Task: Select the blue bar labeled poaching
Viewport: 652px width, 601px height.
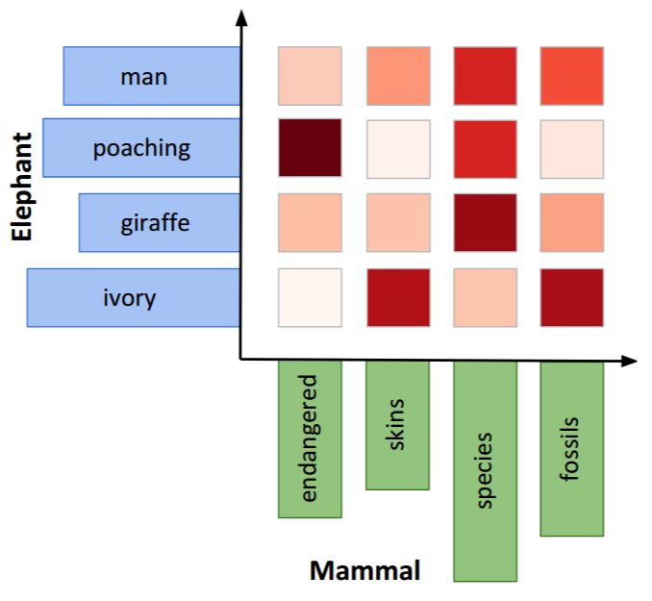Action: [x=141, y=148]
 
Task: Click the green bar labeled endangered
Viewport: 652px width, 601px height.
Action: [x=310, y=438]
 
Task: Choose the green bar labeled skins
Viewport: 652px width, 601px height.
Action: [x=397, y=424]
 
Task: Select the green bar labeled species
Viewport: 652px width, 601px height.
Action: [x=485, y=470]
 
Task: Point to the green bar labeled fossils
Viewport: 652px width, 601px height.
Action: [x=572, y=447]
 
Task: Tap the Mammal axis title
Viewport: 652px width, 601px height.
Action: [x=364, y=571]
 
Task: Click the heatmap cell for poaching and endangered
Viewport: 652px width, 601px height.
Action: [x=310, y=148]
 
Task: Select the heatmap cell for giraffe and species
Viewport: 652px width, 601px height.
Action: [x=485, y=223]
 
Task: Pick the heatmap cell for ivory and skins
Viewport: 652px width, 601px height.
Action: [x=397, y=297]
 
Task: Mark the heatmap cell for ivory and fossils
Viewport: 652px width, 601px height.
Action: [x=572, y=297]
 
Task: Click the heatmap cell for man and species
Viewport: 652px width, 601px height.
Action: [x=485, y=76]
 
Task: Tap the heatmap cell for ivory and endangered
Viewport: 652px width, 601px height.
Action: [x=310, y=297]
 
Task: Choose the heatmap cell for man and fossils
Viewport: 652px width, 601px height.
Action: [x=572, y=76]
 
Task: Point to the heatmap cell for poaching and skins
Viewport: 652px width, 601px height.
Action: [x=397, y=148]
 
